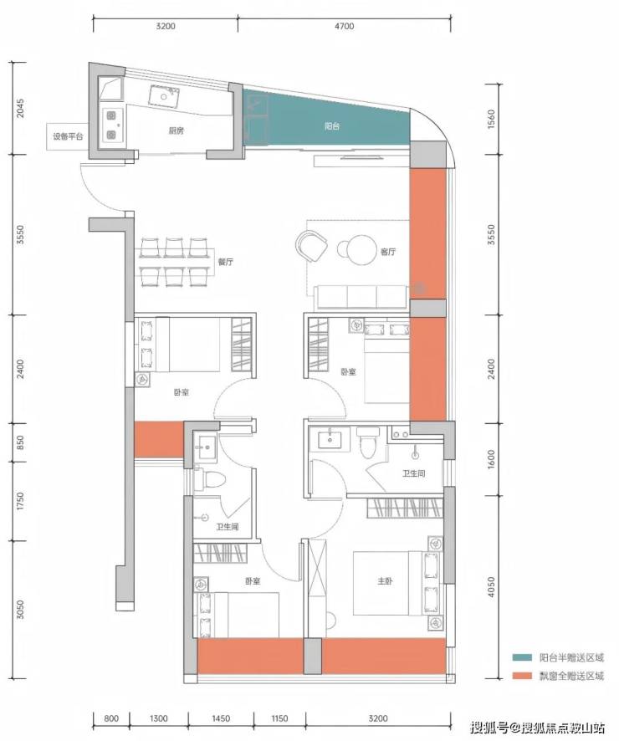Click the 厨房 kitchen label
(176, 130)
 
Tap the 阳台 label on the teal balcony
(332, 126)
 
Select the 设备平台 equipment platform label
(68, 136)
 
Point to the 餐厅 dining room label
(225, 261)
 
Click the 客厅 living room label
(388, 252)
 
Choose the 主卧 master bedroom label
(385, 580)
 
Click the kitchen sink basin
(164, 96)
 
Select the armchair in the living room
(312, 246)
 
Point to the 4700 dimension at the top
(345, 26)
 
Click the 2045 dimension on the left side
(20, 108)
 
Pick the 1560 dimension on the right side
(491, 120)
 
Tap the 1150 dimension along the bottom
(279, 718)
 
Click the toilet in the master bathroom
(367, 442)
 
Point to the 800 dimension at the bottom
(111, 718)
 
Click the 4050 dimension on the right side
(491, 587)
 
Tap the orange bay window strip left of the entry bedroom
(159, 439)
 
